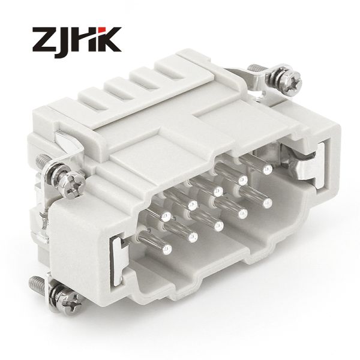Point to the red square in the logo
103,30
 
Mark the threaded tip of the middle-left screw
43,160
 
